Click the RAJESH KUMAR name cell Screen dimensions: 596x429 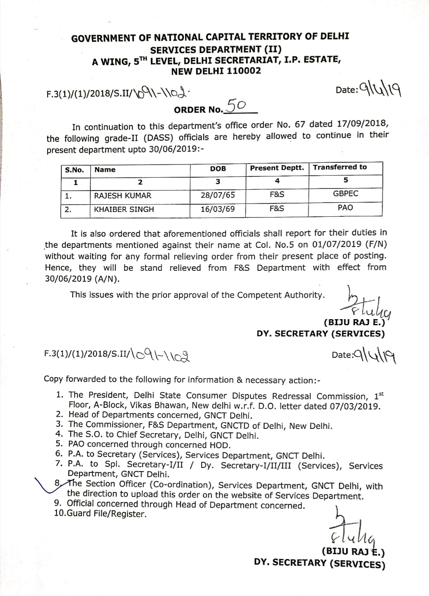pyautogui.click(x=123, y=196)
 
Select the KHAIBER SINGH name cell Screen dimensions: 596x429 pyautogui.click(x=124, y=210)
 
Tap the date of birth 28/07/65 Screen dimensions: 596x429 pyautogui.click(x=218, y=195)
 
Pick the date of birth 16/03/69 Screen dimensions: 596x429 pyautogui.click(x=218, y=210)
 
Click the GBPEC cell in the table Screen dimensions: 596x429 pyautogui.click(x=346, y=194)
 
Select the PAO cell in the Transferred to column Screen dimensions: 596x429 pyautogui.click(x=346, y=208)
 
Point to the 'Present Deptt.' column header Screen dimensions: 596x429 pyautogui.click(x=277, y=168)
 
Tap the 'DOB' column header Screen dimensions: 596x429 pyautogui.click(x=218, y=169)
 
